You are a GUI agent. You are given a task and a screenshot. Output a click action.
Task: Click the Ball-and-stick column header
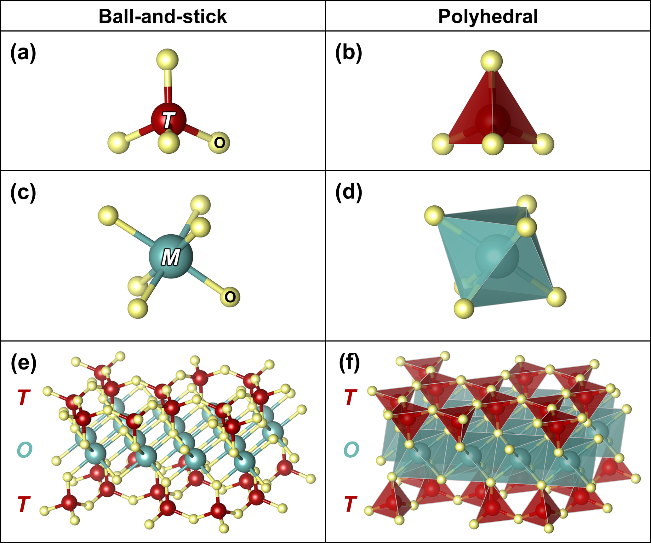pyautogui.click(x=163, y=16)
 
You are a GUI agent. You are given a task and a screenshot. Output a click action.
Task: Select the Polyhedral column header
pyautogui.click(x=488, y=16)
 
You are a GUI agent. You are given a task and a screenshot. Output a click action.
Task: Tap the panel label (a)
pyautogui.click(x=23, y=53)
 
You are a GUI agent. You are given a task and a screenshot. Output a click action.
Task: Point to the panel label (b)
pyautogui.click(x=349, y=53)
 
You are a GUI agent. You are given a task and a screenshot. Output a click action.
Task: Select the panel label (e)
pyautogui.click(x=23, y=363)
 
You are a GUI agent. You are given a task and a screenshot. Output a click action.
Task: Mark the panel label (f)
pyautogui.click(x=349, y=363)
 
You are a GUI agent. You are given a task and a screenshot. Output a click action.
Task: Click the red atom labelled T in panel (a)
pyautogui.click(x=168, y=120)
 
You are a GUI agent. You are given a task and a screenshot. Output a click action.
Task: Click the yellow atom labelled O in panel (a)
pyautogui.click(x=219, y=143)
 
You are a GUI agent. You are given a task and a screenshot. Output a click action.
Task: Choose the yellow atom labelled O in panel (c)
pyautogui.click(x=230, y=297)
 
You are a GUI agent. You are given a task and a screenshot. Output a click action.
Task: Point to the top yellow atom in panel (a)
pyautogui.click(x=167, y=60)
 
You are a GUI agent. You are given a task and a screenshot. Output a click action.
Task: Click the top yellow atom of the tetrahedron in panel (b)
pyautogui.click(x=492, y=61)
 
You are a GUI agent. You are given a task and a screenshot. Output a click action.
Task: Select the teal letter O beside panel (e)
pyautogui.click(x=24, y=450)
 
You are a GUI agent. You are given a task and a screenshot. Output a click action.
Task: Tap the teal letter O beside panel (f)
pyautogui.click(x=351, y=450)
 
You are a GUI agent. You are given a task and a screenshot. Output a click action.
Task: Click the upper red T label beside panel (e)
pyautogui.click(x=24, y=397)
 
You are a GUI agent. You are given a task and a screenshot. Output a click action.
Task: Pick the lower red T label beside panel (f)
pyautogui.click(x=351, y=504)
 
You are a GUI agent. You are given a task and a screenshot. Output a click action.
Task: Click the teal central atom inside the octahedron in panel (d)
pyautogui.click(x=497, y=256)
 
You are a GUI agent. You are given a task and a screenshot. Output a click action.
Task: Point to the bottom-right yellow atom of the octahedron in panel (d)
pyautogui.click(x=556, y=297)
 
